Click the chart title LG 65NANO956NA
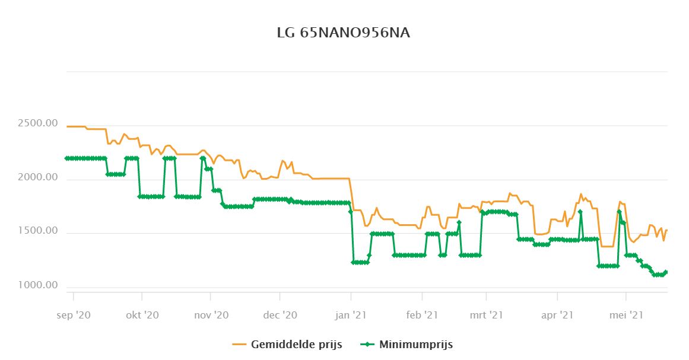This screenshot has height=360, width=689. click(x=344, y=33)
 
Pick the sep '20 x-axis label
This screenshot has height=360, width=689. click(x=74, y=316)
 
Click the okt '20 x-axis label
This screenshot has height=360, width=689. click(x=142, y=316)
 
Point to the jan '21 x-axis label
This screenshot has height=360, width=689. click(x=351, y=316)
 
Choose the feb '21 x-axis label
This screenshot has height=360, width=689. click(x=421, y=316)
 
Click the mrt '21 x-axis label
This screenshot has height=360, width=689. click(x=487, y=316)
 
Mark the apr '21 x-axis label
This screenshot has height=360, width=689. click(x=558, y=316)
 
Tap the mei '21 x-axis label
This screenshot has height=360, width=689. click(x=626, y=316)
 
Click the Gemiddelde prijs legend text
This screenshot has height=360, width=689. click(x=297, y=345)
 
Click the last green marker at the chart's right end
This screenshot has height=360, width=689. click(x=666, y=272)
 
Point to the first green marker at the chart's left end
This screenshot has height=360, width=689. click(x=67, y=158)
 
